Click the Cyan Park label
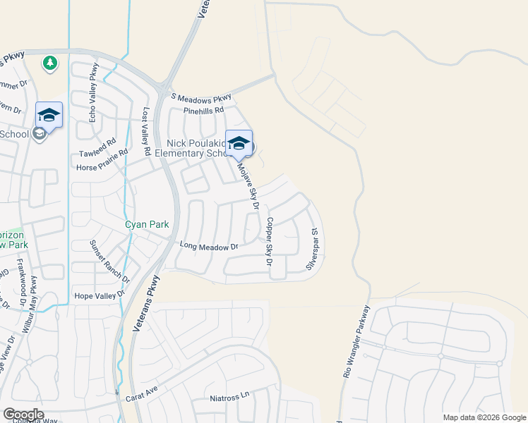[147, 224]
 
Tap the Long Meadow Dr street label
[210, 247]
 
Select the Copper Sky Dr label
[269, 241]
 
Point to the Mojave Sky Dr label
[248, 185]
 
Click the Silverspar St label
[315, 247]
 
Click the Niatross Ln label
[230, 397]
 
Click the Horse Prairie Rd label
[102, 160]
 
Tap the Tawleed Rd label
[97, 147]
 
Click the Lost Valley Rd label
[147, 131]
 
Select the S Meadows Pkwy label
[201, 97]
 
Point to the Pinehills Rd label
[203, 111]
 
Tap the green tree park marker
[49, 63]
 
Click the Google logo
[23, 415]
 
